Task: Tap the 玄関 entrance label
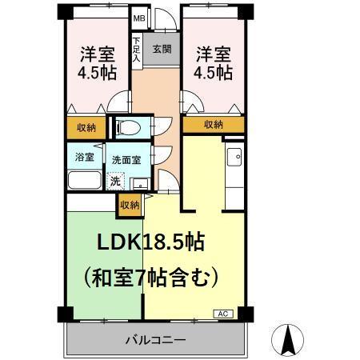click(162, 49)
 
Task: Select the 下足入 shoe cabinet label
click(138, 50)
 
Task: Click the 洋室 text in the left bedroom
click(96, 54)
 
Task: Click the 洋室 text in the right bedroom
click(214, 54)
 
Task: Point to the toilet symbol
click(128, 126)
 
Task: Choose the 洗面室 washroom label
click(126, 159)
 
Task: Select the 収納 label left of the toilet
click(86, 126)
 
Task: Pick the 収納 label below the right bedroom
click(213, 124)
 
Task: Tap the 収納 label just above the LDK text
click(129, 205)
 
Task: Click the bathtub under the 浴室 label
click(84, 180)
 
